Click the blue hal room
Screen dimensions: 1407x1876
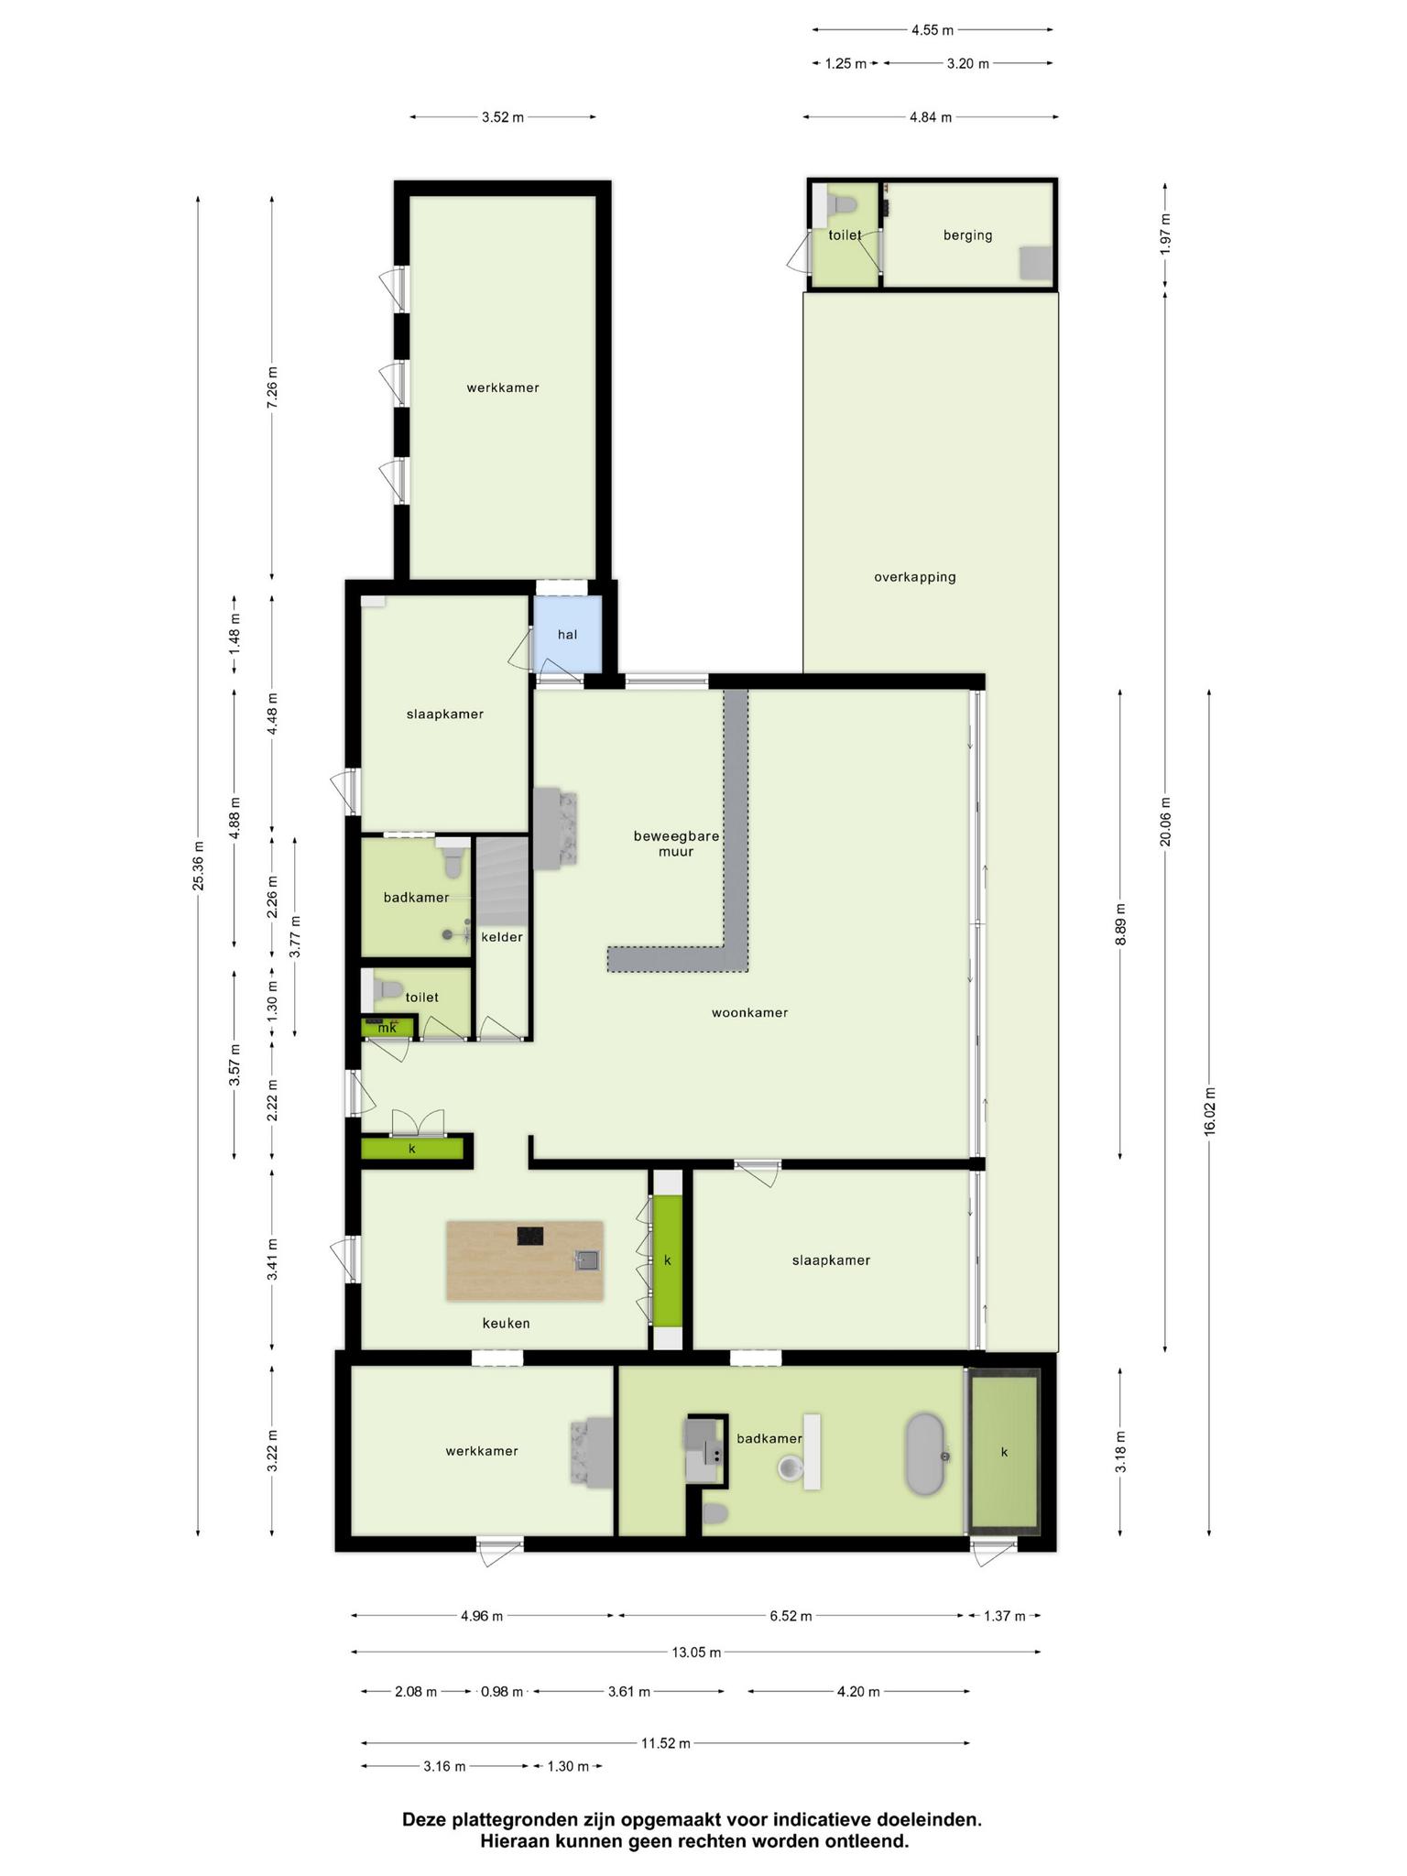tap(567, 634)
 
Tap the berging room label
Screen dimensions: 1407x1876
tap(967, 235)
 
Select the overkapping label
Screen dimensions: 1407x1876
tap(914, 577)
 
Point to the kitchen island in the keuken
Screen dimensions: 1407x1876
tap(525, 1260)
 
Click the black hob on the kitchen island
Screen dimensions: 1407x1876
tap(530, 1236)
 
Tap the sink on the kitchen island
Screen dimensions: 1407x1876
tap(586, 1260)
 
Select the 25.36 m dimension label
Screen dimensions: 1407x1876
tap(198, 865)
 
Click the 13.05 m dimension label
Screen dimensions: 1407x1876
tap(695, 1652)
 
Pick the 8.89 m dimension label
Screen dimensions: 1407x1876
tap(1120, 925)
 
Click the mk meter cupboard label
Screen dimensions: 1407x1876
tap(387, 1028)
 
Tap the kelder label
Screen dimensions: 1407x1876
tap(502, 937)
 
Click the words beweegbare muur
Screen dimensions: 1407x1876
tap(676, 844)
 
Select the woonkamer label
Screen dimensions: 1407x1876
tap(749, 1012)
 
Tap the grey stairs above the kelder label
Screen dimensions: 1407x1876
tap(502, 879)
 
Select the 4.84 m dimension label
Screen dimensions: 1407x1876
tap(930, 117)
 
